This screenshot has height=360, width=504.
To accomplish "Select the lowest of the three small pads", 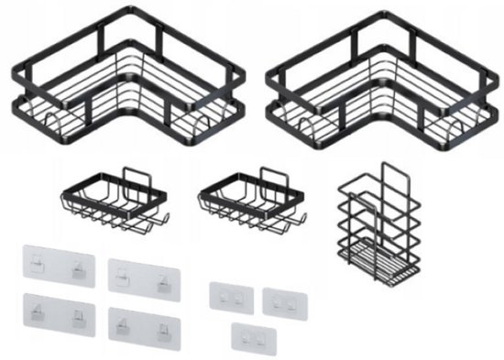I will (x=255, y=335).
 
